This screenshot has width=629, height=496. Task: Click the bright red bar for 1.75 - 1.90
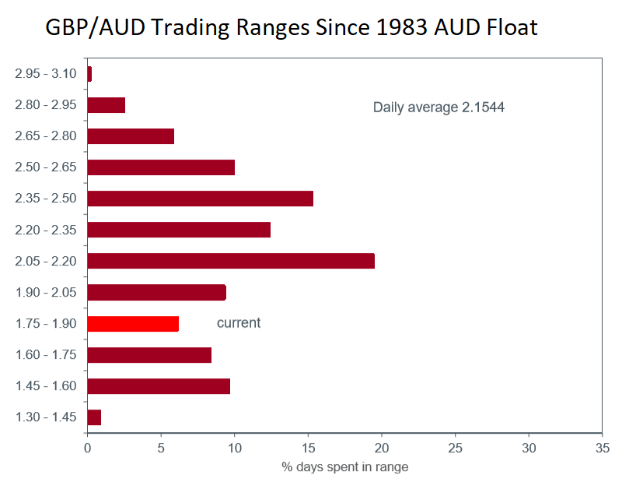pyautogui.click(x=133, y=324)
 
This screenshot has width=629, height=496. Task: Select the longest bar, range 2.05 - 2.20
pyautogui.click(x=231, y=261)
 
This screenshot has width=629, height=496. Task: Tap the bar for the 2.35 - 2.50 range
pyautogui.click(x=200, y=199)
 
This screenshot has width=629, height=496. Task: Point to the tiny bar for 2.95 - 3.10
pyautogui.click(x=89, y=74)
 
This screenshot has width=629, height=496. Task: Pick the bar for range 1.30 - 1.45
pyautogui.click(x=94, y=417)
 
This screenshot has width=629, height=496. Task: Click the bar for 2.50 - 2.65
pyautogui.click(x=161, y=167)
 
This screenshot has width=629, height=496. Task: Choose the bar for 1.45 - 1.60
pyautogui.click(x=159, y=386)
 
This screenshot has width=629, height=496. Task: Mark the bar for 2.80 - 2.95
pyautogui.click(x=107, y=105)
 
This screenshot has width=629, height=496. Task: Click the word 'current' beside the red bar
pyautogui.click(x=239, y=323)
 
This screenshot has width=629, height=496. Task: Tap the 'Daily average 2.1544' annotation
pyautogui.click(x=439, y=107)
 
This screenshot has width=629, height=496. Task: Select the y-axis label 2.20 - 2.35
pyautogui.click(x=45, y=230)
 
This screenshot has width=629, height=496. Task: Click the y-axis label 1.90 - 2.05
pyautogui.click(x=45, y=292)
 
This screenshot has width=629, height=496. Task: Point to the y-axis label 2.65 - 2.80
pyautogui.click(x=45, y=136)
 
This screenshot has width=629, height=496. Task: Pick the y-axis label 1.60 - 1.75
pyautogui.click(x=45, y=354)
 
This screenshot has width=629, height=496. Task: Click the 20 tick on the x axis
pyautogui.click(x=382, y=448)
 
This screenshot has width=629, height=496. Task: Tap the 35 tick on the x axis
pyautogui.click(x=603, y=448)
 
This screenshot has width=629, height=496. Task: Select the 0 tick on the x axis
pyautogui.click(x=87, y=448)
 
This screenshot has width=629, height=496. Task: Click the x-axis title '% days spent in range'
pyautogui.click(x=344, y=467)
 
